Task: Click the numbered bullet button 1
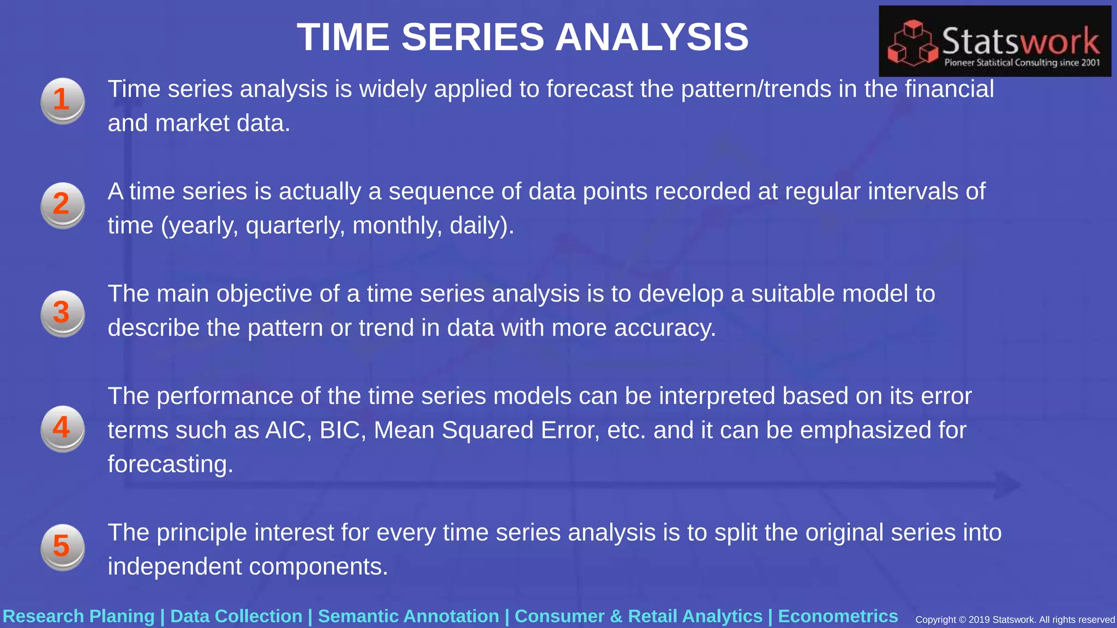(63, 100)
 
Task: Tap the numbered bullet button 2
(63, 205)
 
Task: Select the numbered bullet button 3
(63, 313)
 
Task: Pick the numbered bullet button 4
(63, 428)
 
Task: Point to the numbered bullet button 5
(63, 547)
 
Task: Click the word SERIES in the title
(473, 37)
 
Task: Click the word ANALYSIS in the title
(652, 37)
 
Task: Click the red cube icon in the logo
(912, 44)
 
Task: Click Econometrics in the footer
(838, 616)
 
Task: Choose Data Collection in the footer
(236, 616)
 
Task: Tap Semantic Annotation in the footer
(409, 616)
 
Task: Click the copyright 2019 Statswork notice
(1014, 620)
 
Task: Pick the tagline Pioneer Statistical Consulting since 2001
(1022, 63)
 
